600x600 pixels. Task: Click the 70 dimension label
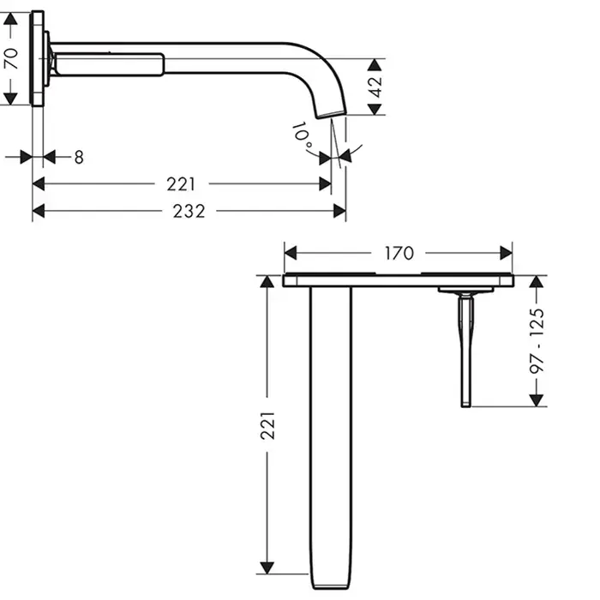(12, 58)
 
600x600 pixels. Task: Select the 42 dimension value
(376, 87)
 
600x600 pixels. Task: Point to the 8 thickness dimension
(79, 157)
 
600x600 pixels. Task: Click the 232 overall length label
(189, 211)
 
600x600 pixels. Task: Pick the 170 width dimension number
(399, 254)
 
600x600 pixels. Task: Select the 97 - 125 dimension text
(537, 341)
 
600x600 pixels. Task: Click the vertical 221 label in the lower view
(267, 425)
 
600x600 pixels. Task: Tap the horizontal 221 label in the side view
(181, 184)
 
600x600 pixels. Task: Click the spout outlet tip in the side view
(332, 115)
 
